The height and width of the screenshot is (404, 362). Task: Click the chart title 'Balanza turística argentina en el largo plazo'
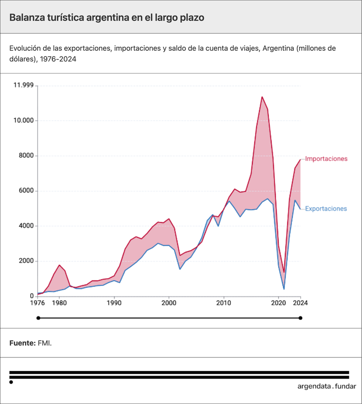[x=107, y=17]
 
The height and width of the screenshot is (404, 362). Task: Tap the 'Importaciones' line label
[x=326, y=159]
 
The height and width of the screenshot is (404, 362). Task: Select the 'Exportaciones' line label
[x=326, y=209]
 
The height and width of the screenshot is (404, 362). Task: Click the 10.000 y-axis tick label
[x=23, y=121]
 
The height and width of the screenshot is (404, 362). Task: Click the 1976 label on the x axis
[x=38, y=303]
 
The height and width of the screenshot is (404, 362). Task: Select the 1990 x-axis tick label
[x=114, y=303]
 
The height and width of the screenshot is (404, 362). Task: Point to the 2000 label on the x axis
[x=169, y=303]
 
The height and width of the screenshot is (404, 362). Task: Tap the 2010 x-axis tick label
[x=224, y=303]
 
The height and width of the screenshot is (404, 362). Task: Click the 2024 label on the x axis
[x=300, y=303]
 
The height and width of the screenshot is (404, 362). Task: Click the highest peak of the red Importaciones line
[x=262, y=97]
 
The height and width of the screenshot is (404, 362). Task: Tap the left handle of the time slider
[x=38, y=318]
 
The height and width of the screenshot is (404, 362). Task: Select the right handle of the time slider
[x=301, y=318]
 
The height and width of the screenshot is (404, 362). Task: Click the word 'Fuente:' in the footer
[x=22, y=343]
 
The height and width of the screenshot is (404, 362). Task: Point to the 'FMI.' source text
[x=44, y=343]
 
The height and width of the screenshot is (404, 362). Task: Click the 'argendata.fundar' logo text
[x=326, y=386]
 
